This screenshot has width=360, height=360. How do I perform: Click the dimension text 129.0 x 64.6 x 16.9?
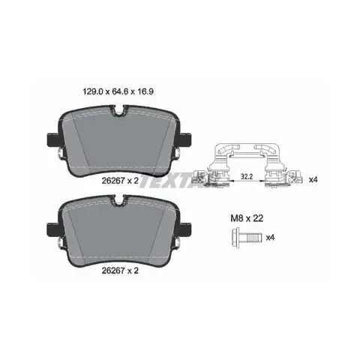118,91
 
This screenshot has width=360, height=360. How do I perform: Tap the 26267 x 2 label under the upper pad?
120,181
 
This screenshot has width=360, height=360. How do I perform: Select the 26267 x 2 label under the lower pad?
120,271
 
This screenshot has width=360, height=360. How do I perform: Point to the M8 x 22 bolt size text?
247,218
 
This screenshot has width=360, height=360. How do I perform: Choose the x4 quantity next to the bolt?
270,237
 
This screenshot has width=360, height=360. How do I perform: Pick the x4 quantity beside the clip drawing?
313,179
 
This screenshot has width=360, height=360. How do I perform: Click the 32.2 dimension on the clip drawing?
247,176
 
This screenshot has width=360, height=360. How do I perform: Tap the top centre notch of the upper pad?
120,111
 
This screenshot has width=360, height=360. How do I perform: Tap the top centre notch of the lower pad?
120,200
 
